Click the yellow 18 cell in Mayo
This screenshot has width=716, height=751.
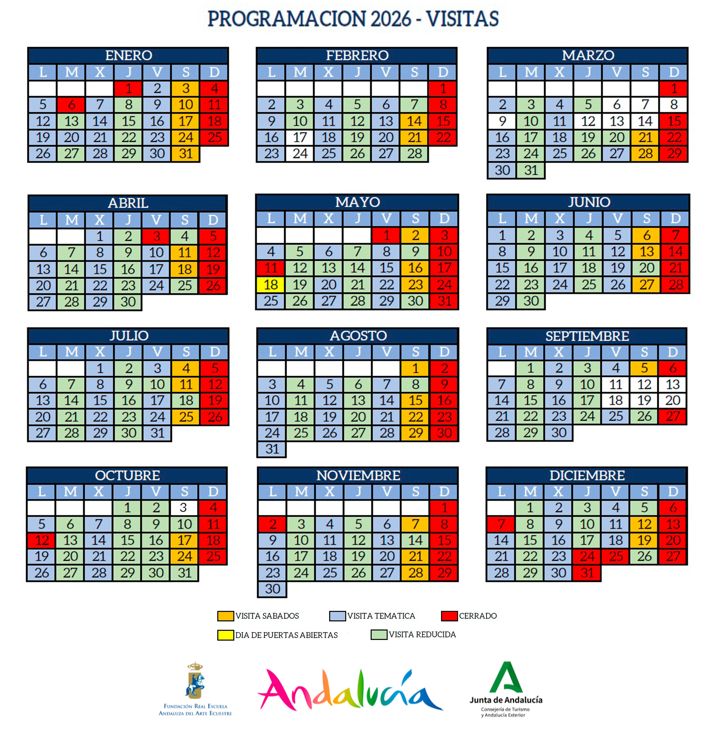pos(270,285)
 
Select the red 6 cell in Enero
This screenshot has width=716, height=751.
pos(71,104)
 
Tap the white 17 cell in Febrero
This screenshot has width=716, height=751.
pos(300,137)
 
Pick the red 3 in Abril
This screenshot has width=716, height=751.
pos(156,236)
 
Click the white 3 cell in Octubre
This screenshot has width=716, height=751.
pos(184,508)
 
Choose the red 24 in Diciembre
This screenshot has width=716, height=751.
pos(587,556)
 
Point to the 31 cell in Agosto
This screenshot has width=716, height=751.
pos(272,449)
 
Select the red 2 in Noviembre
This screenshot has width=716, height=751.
pos(273,524)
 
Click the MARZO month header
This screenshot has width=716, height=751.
pos(588,55)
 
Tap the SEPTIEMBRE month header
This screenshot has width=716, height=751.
pos(587,336)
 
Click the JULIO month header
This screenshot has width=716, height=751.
pos(129,336)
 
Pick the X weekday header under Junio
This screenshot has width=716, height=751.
pos(560,219)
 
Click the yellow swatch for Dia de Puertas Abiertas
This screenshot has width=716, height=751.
pos(225,635)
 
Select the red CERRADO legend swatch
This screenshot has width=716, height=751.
pos(449,616)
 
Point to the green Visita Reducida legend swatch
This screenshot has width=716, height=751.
pos(379,635)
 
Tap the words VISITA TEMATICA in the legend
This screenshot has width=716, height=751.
pos(381,616)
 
